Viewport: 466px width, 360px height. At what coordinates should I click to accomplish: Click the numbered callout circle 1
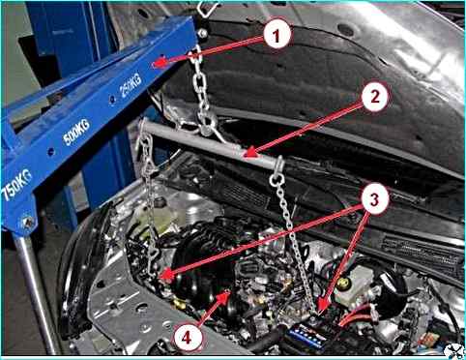tap(277, 35)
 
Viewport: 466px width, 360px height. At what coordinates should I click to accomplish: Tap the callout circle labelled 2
tap(375, 97)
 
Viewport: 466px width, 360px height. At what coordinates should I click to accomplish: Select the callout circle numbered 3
tap(374, 200)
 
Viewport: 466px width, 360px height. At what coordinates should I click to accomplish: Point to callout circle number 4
tap(187, 338)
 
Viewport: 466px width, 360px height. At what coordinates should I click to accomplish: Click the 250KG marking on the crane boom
tap(131, 84)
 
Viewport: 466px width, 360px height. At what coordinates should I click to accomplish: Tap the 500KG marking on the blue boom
tap(76, 132)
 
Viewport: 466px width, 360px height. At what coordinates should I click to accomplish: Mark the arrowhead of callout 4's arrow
tap(224, 295)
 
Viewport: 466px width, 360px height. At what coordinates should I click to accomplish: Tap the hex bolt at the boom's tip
tap(202, 32)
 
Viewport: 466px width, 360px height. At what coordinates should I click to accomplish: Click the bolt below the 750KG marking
tap(28, 222)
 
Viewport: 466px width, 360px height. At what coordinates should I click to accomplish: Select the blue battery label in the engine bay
tap(306, 338)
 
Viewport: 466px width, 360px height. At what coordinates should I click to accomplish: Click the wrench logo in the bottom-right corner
tap(453, 351)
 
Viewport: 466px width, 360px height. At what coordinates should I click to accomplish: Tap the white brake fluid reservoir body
tap(355, 287)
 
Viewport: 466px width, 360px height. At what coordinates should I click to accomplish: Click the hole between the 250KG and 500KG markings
tap(112, 99)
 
